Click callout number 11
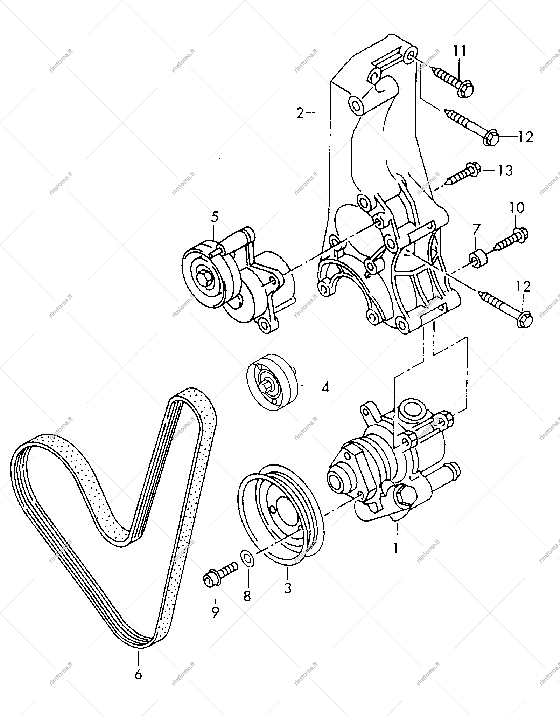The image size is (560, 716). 460,51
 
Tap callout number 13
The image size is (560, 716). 505,171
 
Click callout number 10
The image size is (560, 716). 517,208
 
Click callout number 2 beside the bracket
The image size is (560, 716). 300,113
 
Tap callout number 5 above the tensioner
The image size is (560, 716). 214,217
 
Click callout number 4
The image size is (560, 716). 325,387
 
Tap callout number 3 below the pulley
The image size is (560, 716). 287,588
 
